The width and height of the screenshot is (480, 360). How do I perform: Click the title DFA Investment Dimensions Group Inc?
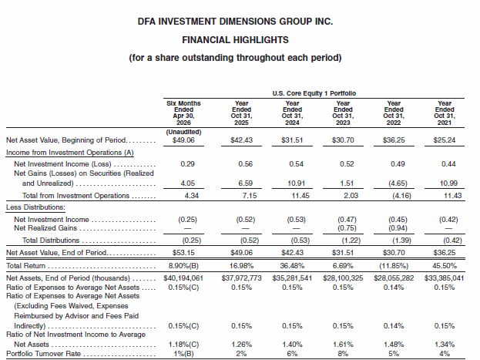pyautogui.click(x=235, y=22)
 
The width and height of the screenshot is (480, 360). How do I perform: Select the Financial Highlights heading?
pyautogui.click(x=235, y=40)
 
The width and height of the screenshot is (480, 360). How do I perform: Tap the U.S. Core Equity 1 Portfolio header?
pyautogui.click(x=314, y=93)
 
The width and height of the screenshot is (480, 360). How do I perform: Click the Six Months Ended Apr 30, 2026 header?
pyautogui.click(x=183, y=113)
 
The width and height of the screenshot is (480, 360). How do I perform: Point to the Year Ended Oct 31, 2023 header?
pyautogui.click(x=343, y=113)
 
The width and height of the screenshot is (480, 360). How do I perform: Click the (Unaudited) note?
pyautogui.click(x=183, y=132)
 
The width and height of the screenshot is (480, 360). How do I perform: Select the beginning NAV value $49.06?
pyautogui.click(x=183, y=140)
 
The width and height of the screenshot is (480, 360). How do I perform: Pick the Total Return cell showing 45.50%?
pyautogui.click(x=445, y=266)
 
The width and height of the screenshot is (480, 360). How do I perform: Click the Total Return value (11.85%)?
pyautogui.click(x=394, y=266)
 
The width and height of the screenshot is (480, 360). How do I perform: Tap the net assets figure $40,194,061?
pyautogui.click(x=183, y=278)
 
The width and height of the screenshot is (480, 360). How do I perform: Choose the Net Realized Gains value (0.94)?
pyautogui.click(x=398, y=228)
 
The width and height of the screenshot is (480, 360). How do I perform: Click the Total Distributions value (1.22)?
pyautogui.click(x=351, y=241)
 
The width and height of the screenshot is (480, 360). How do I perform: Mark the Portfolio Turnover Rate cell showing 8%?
pyautogui.click(x=343, y=354)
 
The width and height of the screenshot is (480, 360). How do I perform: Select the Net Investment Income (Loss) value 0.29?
pyautogui.click(x=187, y=164)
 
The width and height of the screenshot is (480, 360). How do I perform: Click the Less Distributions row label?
pyautogui.click(x=35, y=207)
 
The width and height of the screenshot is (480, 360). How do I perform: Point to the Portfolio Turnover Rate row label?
pyautogui.click(x=43, y=354)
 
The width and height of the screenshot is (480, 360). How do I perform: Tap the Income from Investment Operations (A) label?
pyautogui.click(x=70, y=153)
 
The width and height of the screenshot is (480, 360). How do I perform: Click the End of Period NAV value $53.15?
pyautogui.click(x=183, y=253)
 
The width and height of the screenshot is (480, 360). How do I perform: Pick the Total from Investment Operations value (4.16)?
pyautogui.click(x=401, y=196)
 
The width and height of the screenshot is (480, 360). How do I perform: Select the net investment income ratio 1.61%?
pyautogui.click(x=343, y=345)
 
